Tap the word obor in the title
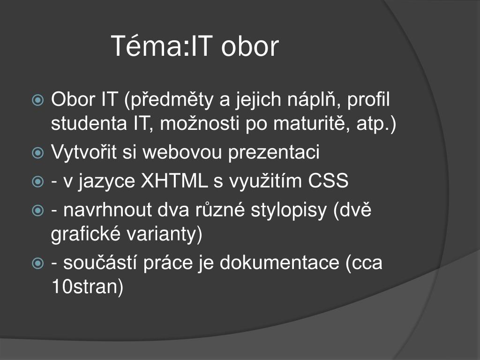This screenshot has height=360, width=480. (250, 46)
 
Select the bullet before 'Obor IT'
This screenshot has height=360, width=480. (37, 100)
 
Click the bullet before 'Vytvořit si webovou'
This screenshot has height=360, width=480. (37, 152)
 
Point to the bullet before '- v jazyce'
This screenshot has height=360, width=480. (37, 181)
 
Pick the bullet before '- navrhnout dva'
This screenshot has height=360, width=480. (37, 210)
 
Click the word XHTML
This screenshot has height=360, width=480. (174, 180)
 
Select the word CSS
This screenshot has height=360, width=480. (328, 180)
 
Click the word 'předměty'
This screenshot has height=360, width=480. (169, 100)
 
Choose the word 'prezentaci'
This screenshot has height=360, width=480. (274, 152)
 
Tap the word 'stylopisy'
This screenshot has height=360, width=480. (289, 211)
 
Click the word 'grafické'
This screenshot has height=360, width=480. (86, 234)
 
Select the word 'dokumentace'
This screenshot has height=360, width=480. (279, 262)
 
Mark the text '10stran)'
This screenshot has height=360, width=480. (87, 287)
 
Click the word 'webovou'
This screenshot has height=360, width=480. (182, 152)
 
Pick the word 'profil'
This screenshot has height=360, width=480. (368, 100)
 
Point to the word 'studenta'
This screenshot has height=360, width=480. (89, 123)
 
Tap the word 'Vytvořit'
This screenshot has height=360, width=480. (84, 152)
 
